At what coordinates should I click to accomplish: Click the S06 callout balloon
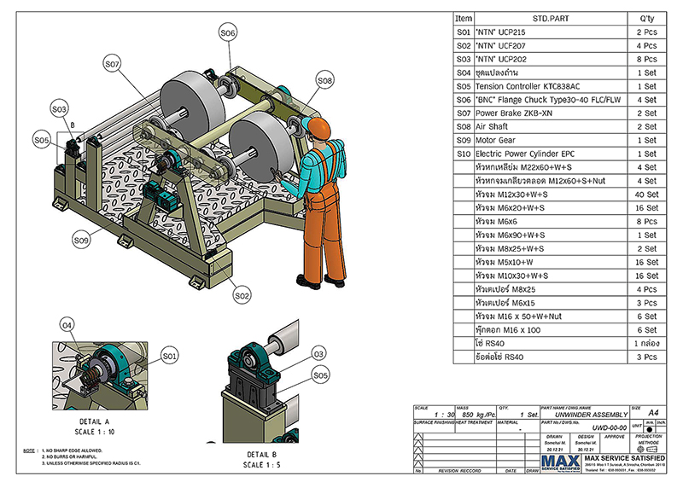coord(226,33)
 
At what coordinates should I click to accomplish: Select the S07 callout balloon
coord(114,63)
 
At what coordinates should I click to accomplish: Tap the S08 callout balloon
coord(324,80)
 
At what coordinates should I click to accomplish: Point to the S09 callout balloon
coord(82,241)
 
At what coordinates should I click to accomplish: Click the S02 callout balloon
coord(242,295)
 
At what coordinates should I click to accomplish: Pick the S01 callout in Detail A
coord(169,354)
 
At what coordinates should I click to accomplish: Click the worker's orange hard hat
coord(317,127)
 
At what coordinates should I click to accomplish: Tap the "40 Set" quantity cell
coord(645,195)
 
